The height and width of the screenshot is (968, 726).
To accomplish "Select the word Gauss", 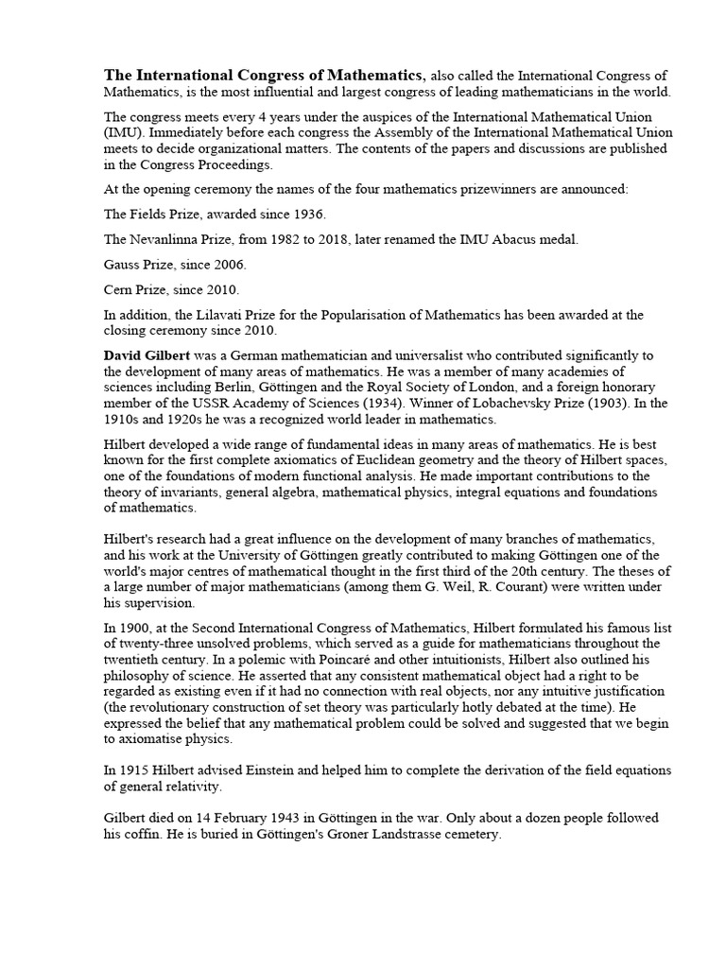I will click(x=122, y=264).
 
